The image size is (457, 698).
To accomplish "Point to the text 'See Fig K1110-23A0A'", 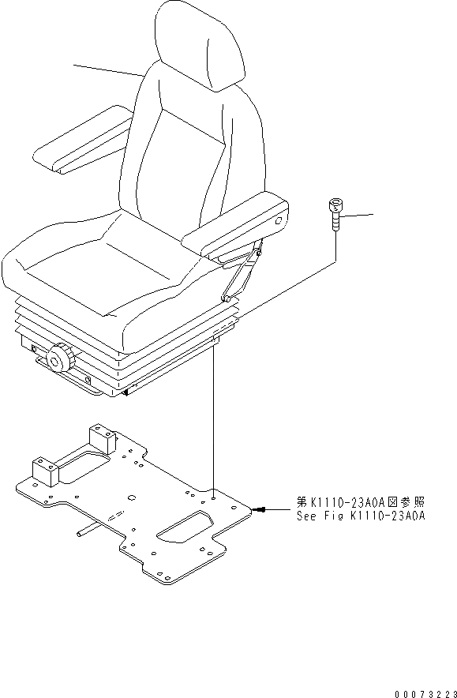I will click(x=361, y=516).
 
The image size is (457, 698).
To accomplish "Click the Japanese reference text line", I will click(x=361, y=501).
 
